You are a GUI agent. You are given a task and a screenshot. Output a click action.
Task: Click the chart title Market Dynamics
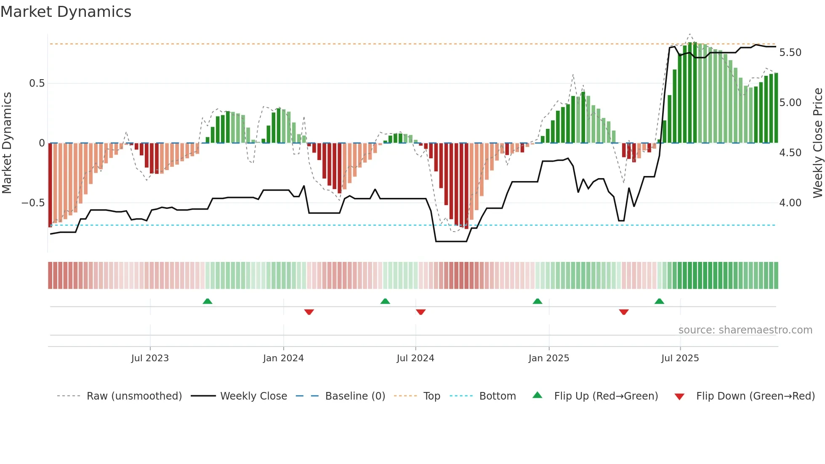[x=66, y=12]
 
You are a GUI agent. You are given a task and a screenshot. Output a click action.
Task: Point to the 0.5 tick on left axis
[x=37, y=83]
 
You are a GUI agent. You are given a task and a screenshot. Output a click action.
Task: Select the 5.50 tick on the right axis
[x=790, y=53]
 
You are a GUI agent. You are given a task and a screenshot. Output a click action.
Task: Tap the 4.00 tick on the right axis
[x=790, y=203]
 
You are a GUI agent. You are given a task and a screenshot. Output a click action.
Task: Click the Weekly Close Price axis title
[x=817, y=143]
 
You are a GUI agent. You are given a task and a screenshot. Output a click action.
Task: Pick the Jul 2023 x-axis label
[x=150, y=358]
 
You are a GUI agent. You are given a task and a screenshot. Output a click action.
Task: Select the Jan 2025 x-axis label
[x=548, y=358]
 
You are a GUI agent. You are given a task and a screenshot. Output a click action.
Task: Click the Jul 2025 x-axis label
[x=680, y=358]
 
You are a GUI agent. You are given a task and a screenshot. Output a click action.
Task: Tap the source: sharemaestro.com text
[x=745, y=330]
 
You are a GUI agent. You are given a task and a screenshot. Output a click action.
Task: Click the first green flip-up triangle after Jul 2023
[x=208, y=301]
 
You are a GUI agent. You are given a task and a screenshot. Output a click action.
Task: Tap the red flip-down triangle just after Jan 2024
[x=309, y=312]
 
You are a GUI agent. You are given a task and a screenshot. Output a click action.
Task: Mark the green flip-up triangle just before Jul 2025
[x=659, y=301]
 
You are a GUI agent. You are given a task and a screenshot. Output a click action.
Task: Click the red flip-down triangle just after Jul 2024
[x=420, y=312]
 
